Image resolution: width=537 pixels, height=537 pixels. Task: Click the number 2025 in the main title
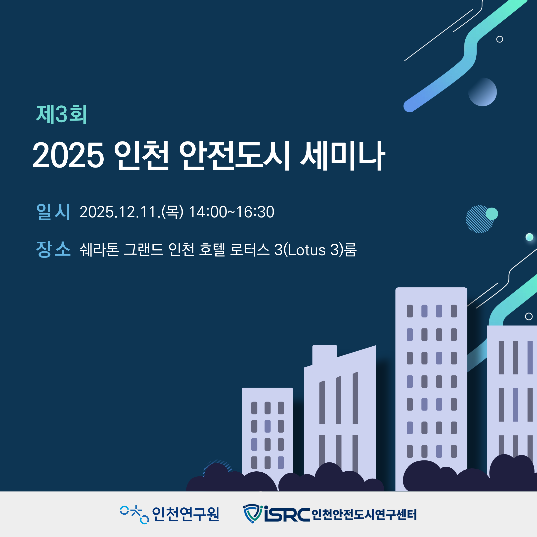[x=68, y=155]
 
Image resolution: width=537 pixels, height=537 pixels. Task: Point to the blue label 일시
[x=53, y=212]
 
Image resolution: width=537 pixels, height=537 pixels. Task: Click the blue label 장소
[x=53, y=249]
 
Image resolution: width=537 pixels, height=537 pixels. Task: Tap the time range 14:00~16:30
[x=231, y=212]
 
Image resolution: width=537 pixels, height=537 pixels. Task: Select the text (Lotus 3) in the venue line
[x=313, y=250]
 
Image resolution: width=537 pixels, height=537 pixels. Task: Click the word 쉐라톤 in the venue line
[x=99, y=249]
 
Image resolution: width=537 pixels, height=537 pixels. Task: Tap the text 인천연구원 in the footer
[x=186, y=514]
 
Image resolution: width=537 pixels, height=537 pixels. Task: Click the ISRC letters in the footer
[x=287, y=514]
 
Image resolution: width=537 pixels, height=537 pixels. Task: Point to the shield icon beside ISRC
[x=253, y=514]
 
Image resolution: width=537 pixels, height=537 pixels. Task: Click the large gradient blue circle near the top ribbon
[x=483, y=92]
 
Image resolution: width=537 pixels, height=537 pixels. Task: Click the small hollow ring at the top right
[x=499, y=39]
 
